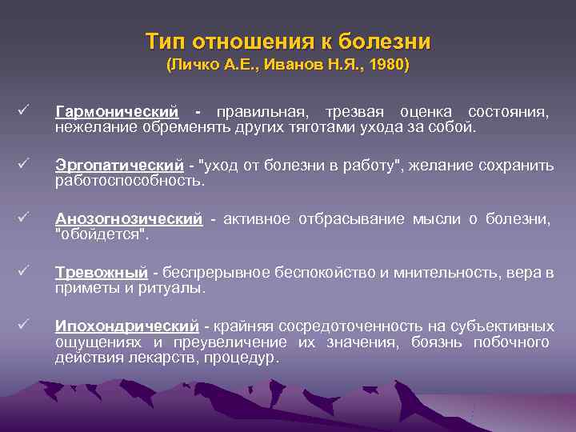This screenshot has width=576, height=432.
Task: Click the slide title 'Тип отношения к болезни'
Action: point(288,41)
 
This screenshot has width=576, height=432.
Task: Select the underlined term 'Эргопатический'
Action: point(119,165)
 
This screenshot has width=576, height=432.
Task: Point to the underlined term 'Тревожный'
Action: point(102,273)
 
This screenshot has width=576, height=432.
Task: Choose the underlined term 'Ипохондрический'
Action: point(126,326)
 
